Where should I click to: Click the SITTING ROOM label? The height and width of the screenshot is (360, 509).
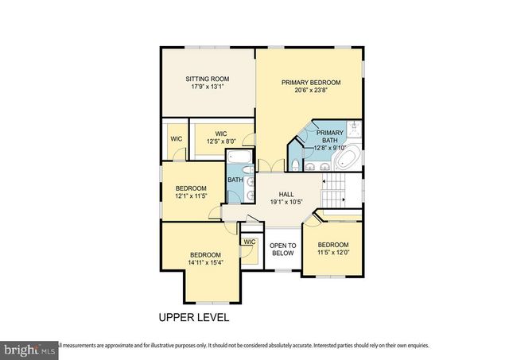208,79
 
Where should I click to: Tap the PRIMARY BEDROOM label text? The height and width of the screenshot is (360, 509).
310,82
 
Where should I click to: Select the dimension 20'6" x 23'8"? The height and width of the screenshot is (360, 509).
310,90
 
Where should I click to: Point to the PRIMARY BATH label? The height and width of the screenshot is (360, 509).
329,137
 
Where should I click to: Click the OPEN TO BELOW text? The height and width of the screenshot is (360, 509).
282,249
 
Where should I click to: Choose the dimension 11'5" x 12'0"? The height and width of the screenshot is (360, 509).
332,252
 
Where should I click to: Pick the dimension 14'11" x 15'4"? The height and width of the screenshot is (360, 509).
204,263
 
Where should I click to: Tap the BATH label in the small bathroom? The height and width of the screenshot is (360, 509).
235,180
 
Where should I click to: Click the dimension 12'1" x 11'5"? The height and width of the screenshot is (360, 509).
191,196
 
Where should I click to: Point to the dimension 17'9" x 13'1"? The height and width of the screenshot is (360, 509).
208,87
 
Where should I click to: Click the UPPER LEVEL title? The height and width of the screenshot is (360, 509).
194,317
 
